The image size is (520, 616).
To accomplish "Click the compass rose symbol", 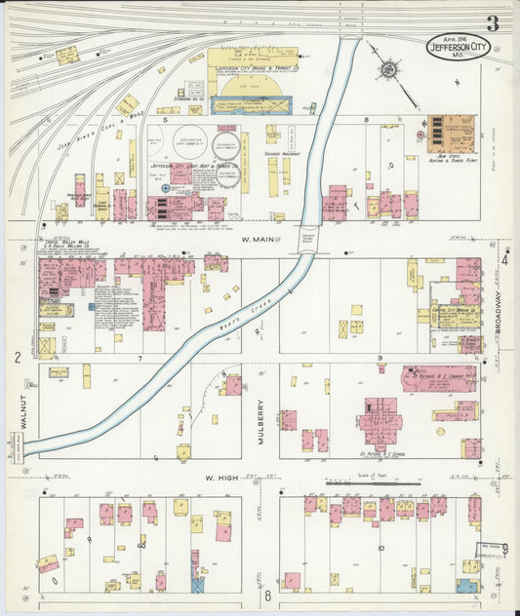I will pyautogui.click(x=387, y=69).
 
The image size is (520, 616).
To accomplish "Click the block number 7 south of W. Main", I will pyautogui.click(x=140, y=359).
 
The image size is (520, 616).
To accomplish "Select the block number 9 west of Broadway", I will pyautogui.click(x=380, y=359).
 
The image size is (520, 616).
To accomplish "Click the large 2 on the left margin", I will pyautogui.click(x=18, y=358).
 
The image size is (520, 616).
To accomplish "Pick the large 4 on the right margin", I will pyautogui.click(x=504, y=260).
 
